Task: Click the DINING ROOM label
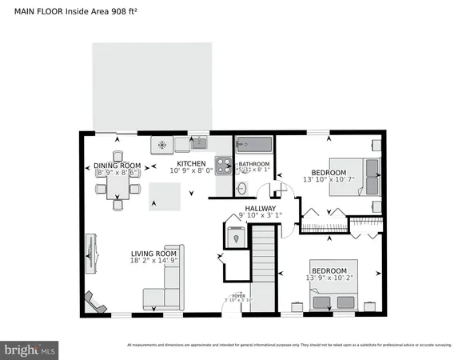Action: click(x=117, y=166)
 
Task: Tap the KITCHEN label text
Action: click(x=191, y=163)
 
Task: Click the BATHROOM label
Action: click(x=254, y=164)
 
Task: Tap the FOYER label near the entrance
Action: click(x=238, y=296)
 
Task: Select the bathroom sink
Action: click(x=241, y=189)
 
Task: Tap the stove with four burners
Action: click(x=225, y=167)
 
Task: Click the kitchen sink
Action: click(x=199, y=144)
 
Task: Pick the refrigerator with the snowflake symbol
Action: click(x=162, y=145)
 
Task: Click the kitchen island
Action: click(x=164, y=194)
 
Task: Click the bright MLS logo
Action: click(x=30, y=349)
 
